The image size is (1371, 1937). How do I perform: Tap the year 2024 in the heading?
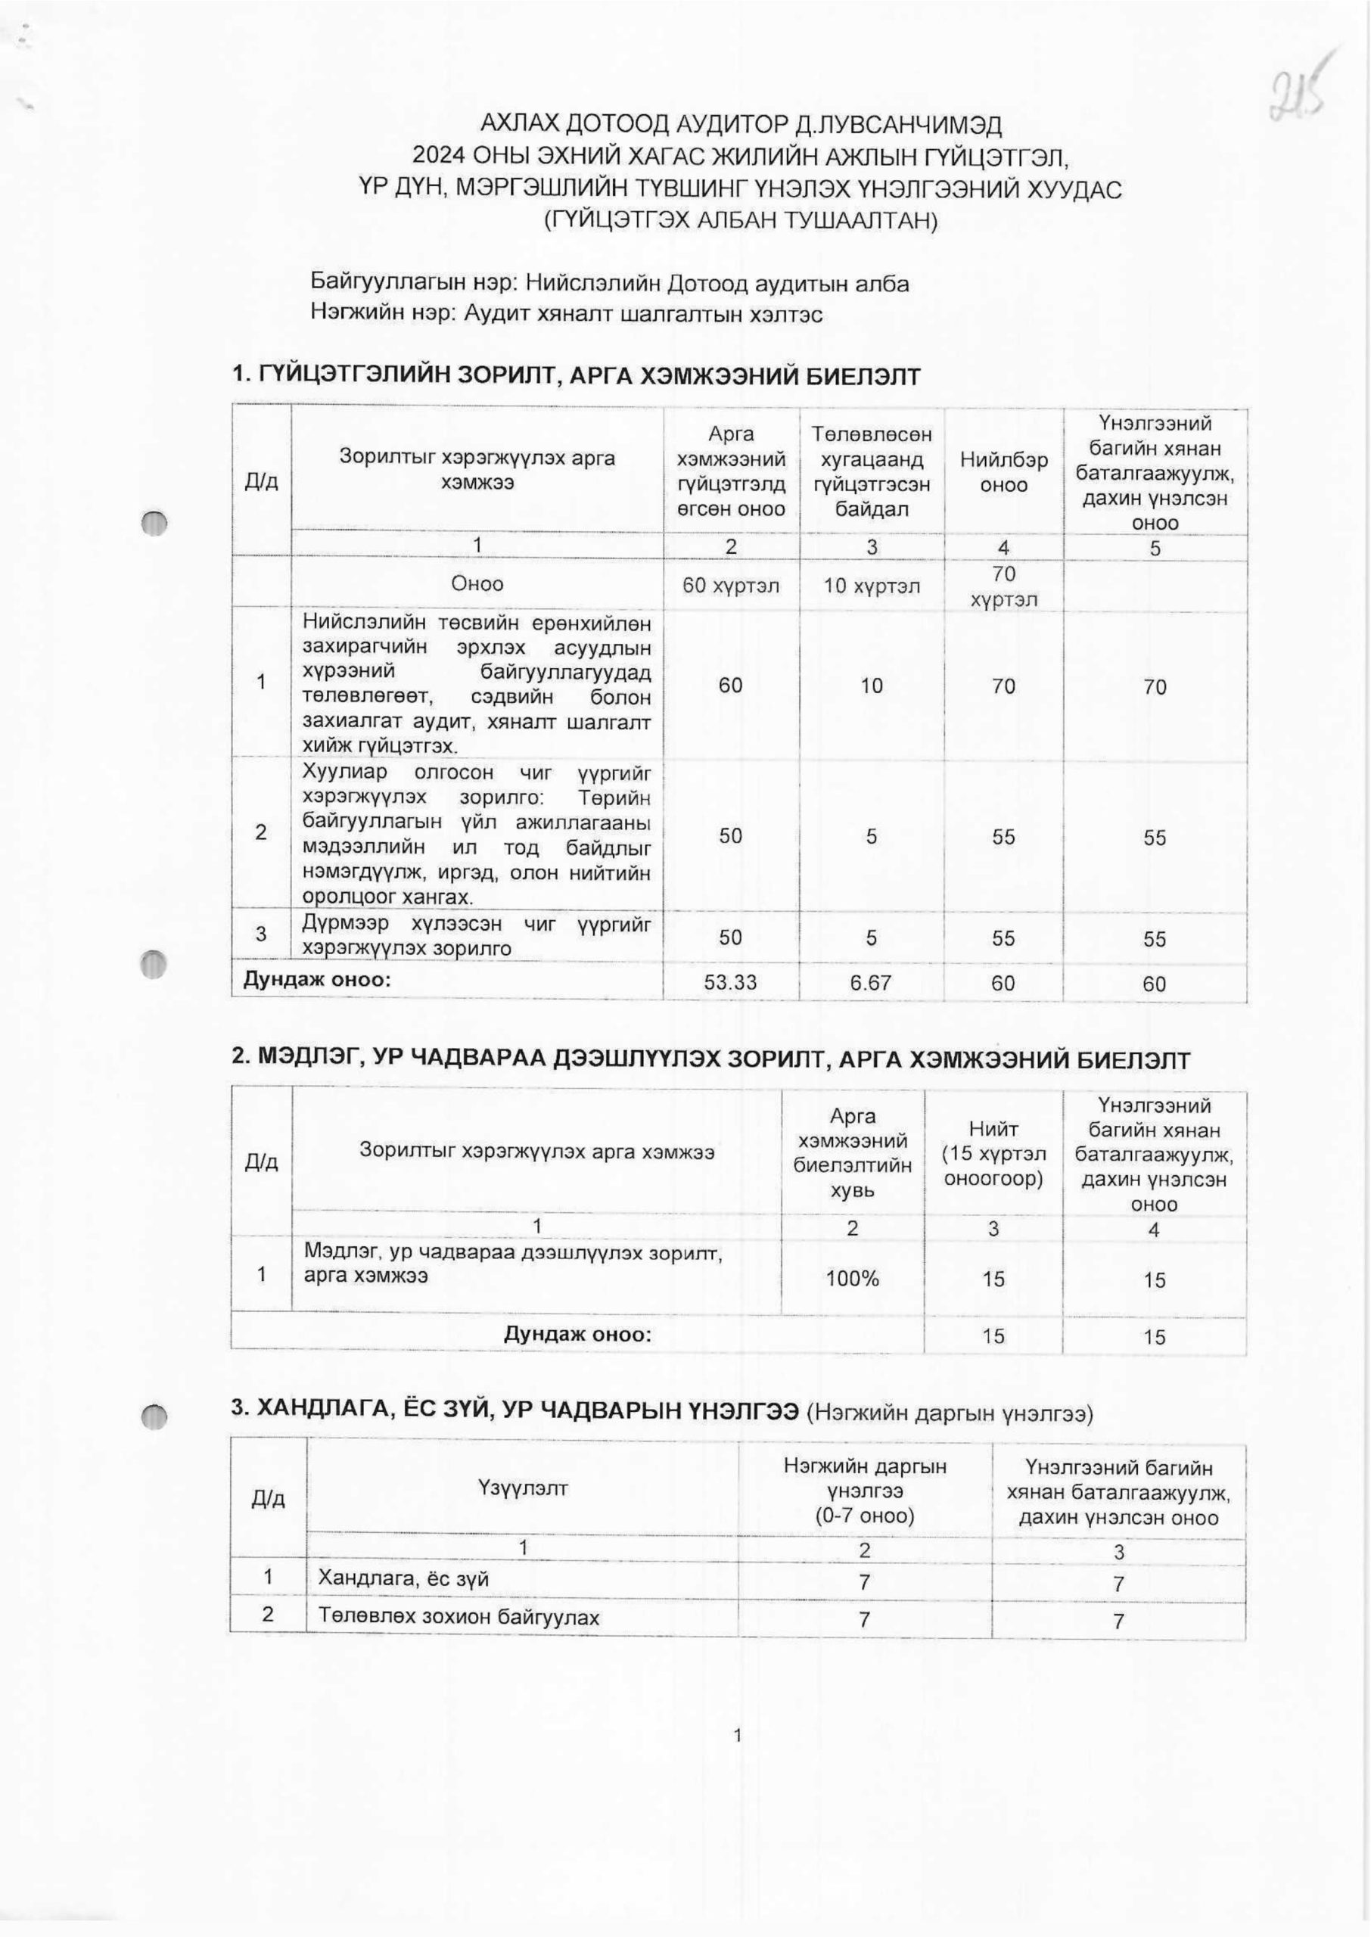click(438, 157)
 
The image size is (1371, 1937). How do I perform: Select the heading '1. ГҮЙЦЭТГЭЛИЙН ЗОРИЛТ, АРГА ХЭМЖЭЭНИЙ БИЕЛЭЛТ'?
click(576, 376)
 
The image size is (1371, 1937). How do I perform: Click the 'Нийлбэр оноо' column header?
click(1003, 472)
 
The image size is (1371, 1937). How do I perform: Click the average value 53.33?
click(730, 982)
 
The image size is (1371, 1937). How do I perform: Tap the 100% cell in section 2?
click(853, 1279)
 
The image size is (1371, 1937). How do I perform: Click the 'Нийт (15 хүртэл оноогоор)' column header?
click(993, 1153)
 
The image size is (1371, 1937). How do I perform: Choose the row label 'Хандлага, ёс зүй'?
click(403, 1579)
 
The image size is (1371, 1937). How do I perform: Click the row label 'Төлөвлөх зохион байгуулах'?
click(459, 1617)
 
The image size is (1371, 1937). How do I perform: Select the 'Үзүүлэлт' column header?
click(523, 1488)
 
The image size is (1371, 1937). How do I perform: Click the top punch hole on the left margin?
click(154, 524)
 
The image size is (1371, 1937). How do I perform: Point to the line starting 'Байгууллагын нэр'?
click(610, 284)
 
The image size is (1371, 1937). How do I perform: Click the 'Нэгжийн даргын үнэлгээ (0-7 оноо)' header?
click(865, 1491)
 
